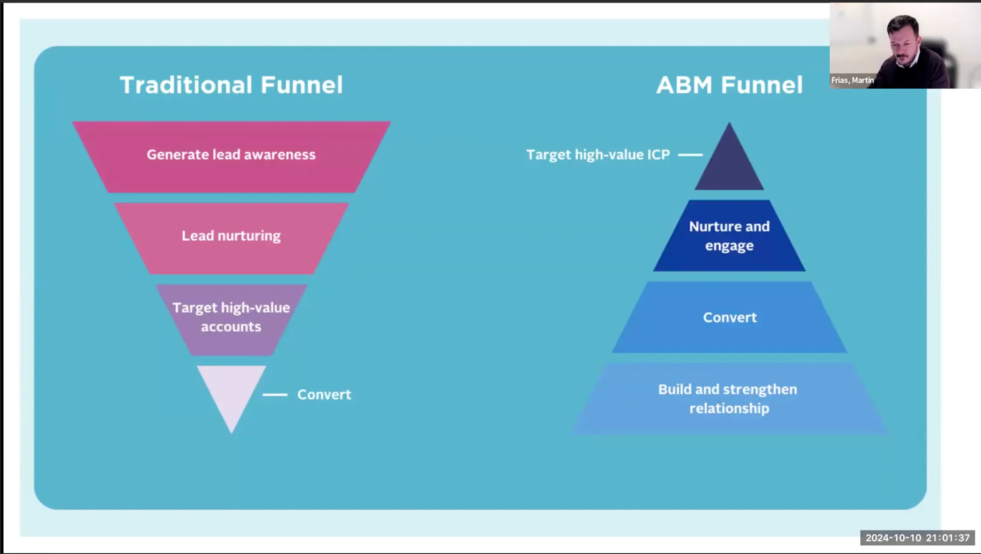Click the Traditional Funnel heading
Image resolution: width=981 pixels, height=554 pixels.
[x=231, y=85]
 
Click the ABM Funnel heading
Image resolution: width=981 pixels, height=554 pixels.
[x=729, y=85]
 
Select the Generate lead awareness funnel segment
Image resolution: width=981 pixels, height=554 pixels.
[x=231, y=157]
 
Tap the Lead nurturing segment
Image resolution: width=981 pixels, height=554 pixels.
[x=231, y=238]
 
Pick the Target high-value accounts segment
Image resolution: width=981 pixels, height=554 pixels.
[x=231, y=319]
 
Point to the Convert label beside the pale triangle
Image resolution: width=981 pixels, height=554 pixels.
[x=324, y=395]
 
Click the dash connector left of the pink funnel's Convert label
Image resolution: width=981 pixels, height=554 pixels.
[x=275, y=395]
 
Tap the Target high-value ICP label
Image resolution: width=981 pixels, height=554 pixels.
[x=598, y=155]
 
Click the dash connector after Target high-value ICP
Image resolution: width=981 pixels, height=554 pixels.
[x=690, y=155]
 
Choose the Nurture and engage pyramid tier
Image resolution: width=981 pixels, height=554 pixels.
[x=729, y=236]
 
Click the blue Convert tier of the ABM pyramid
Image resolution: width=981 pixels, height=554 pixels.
[x=729, y=317]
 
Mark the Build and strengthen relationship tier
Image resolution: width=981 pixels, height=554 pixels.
[x=729, y=398]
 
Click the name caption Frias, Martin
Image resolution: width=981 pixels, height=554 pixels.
[x=852, y=80]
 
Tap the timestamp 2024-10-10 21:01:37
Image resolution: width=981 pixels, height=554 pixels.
[x=918, y=538]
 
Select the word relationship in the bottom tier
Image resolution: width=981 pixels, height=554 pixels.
[x=729, y=409]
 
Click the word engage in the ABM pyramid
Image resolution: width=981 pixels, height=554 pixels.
[x=729, y=246]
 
